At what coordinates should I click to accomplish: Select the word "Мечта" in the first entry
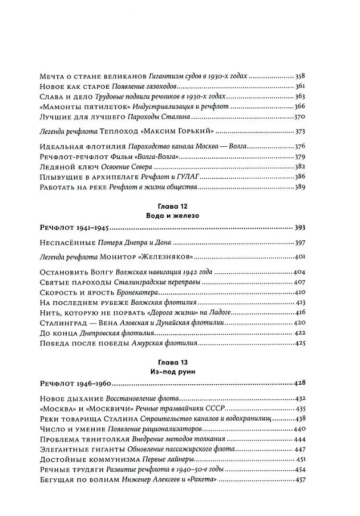pos(52,76)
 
